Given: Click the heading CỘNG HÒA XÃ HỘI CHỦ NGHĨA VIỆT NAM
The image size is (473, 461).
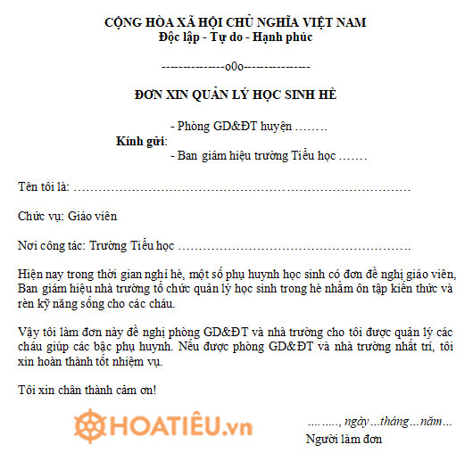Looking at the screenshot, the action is pyautogui.click(x=235, y=21).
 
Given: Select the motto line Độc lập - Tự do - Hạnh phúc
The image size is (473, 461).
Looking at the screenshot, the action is pyautogui.click(x=235, y=37).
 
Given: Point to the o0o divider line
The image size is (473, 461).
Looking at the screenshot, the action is pyautogui.click(x=235, y=67).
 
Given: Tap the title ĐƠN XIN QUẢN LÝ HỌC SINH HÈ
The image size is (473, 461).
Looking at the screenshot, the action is pyautogui.click(x=236, y=95).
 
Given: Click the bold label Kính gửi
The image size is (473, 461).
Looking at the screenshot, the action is pyautogui.click(x=141, y=141).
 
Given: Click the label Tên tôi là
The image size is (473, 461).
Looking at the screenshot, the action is pyautogui.click(x=43, y=186).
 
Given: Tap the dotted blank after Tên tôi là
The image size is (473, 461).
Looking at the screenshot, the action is pyautogui.click(x=241, y=187).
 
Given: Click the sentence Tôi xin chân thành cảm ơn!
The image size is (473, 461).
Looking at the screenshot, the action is pyautogui.click(x=87, y=390).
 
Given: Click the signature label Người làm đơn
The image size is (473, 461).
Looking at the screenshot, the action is pyautogui.click(x=344, y=439).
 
